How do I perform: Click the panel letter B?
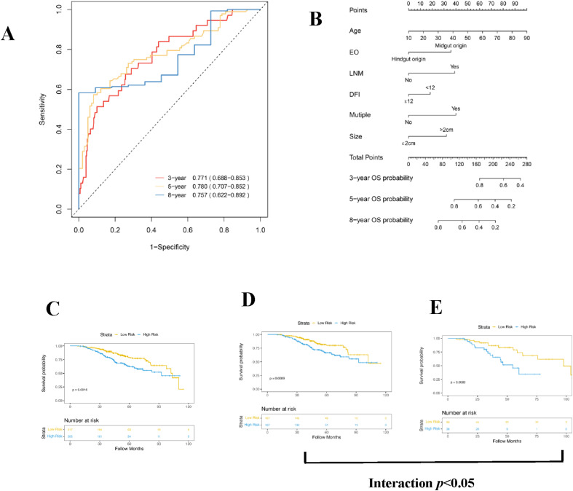pyautogui.click(x=315, y=19)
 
